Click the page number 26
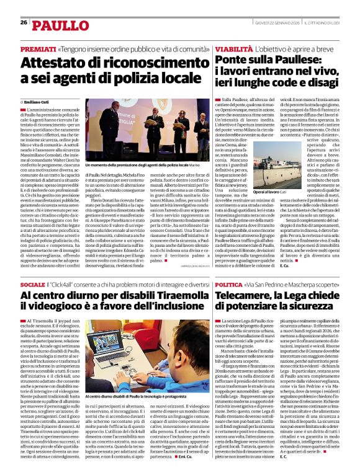coord(24,22)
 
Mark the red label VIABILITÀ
coord(234,48)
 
